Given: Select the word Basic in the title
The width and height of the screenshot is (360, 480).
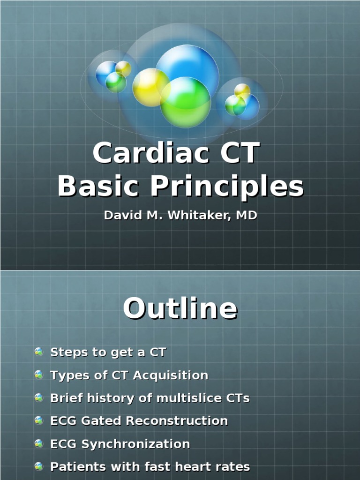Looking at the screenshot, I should pyautogui.click(x=98, y=187).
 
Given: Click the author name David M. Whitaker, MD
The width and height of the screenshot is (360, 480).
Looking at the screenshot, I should pyautogui.click(x=180, y=216).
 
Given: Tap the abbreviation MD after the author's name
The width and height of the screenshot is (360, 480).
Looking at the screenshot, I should pyautogui.click(x=247, y=216).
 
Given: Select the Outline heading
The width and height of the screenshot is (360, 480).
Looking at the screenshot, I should pyautogui.click(x=180, y=309).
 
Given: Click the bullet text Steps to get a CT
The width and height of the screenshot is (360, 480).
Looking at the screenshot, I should pyautogui.click(x=108, y=352).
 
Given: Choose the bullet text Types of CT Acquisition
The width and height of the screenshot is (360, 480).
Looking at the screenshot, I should pyautogui.click(x=129, y=375).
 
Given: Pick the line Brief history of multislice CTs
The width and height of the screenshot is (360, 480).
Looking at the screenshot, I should pyautogui.click(x=150, y=398).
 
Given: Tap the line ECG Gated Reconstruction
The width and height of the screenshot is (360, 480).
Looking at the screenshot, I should pyautogui.click(x=139, y=421).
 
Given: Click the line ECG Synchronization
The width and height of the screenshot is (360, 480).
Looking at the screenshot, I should pyautogui.click(x=120, y=444).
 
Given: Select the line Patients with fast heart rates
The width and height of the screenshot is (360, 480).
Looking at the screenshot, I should pyautogui.click(x=150, y=467).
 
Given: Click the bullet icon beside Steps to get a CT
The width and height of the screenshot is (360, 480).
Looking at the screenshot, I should pyautogui.click(x=39, y=352).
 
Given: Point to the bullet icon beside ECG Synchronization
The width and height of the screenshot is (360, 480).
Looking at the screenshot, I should pyautogui.click(x=39, y=443).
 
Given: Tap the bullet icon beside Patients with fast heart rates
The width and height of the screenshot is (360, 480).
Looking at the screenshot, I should pyautogui.click(x=39, y=466).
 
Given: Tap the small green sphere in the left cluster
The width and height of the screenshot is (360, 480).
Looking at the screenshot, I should pyautogui.click(x=116, y=82).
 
